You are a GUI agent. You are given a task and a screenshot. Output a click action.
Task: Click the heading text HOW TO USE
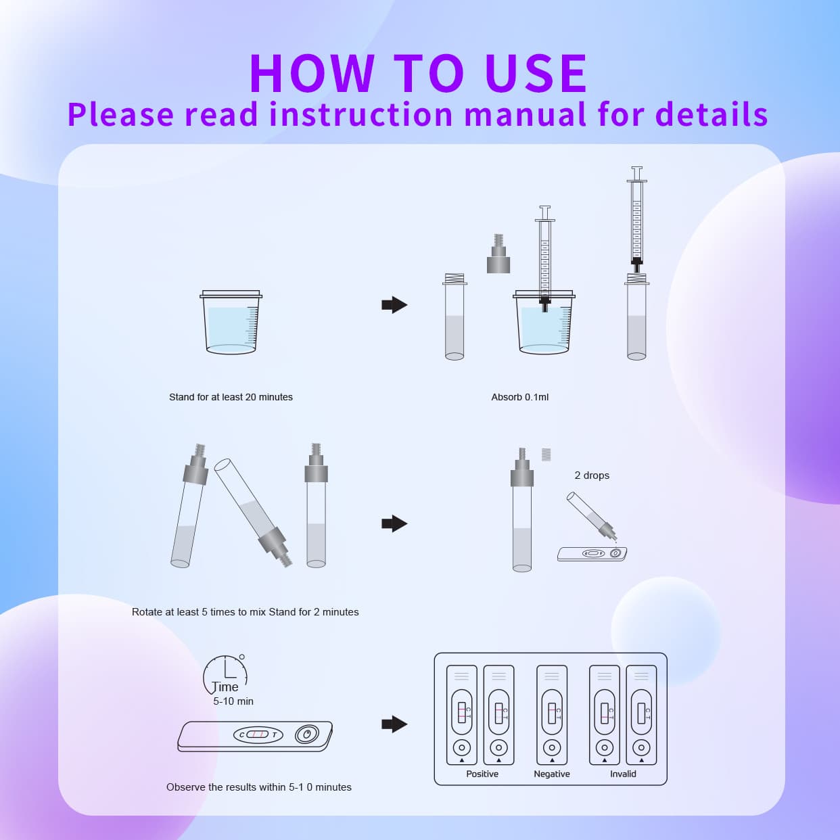pyautogui.click(x=418, y=73)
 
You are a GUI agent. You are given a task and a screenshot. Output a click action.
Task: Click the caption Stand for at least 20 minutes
pyautogui.click(x=231, y=397)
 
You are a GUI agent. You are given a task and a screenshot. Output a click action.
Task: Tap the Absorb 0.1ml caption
pyautogui.click(x=519, y=397)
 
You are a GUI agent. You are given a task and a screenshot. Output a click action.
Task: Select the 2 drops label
pyautogui.click(x=592, y=475)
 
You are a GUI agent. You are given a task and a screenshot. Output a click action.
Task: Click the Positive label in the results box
pyautogui.click(x=482, y=774)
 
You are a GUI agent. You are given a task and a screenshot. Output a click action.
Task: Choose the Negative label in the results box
pyautogui.click(x=552, y=774)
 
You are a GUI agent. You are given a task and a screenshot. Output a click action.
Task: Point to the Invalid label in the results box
pyautogui.click(x=623, y=774)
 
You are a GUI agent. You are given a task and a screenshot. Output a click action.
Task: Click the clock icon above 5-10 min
pyautogui.click(x=225, y=674)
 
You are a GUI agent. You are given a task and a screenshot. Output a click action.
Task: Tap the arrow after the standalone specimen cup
pyautogui.click(x=394, y=305)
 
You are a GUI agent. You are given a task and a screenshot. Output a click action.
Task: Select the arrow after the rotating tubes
pyautogui.click(x=394, y=523)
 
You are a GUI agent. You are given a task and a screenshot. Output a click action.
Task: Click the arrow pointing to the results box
pyautogui.click(x=394, y=724)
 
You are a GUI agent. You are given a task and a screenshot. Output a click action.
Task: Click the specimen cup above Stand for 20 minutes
pyautogui.click(x=231, y=323)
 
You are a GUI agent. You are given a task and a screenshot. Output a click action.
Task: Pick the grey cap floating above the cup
pyautogui.click(x=498, y=255)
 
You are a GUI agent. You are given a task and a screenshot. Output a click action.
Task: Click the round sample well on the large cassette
pyautogui.click(x=306, y=734)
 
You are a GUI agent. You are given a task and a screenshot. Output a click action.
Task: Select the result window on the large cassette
pyautogui.click(x=257, y=734)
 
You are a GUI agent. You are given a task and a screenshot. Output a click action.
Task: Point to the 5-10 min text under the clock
pyautogui.click(x=233, y=701)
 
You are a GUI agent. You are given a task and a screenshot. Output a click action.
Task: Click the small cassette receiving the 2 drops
pyautogui.click(x=592, y=554)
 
